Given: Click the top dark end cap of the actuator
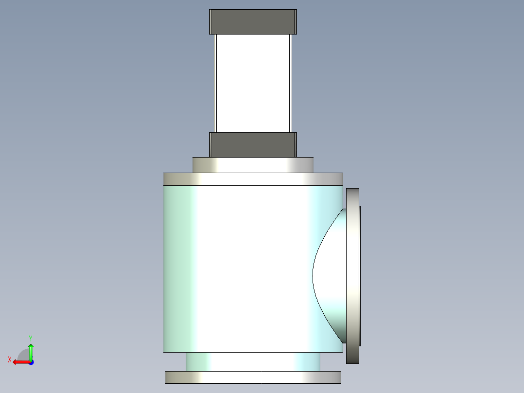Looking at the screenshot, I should click(x=253, y=22).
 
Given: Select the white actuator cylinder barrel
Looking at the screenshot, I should click(x=253, y=83).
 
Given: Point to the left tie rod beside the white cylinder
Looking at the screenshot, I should click(x=214, y=83).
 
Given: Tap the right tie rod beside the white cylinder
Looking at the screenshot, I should click(x=292, y=83).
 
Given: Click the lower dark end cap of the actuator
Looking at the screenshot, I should click(x=253, y=144).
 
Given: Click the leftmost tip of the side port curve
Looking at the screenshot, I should click(x=313, y=276).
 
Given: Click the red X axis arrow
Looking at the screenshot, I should click(x=19, y=362).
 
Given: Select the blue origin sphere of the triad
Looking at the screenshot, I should click(x=31, y=362).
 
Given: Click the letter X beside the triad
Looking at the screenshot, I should click(x=10, y=359).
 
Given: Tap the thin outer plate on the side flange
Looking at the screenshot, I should click(x=360, y=276).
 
